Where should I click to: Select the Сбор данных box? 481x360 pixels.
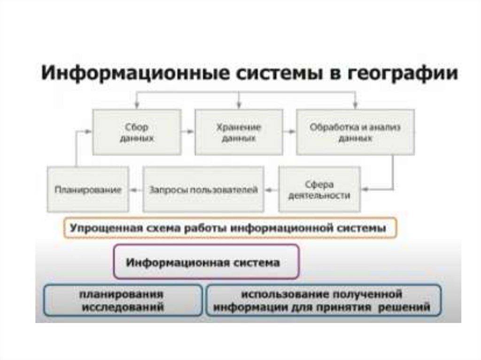137,132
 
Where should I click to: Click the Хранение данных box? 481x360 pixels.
239,132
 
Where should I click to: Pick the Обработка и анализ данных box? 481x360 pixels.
355,132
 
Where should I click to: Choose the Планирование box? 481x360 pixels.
88,190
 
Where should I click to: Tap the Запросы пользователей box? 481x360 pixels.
203,190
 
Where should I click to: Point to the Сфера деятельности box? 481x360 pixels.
320,190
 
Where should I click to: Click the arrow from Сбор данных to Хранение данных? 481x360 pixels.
188,132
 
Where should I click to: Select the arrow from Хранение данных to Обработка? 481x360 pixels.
289,132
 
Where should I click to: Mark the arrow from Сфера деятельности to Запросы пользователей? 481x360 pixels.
272,190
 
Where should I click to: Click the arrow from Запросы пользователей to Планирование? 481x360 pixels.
136,190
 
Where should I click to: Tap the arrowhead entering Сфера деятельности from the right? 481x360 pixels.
366,190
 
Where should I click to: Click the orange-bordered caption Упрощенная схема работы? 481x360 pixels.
230,229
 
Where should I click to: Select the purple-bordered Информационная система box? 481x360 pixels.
206,262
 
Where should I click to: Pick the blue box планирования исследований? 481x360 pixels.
124,300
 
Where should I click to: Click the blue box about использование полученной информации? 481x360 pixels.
323,300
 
